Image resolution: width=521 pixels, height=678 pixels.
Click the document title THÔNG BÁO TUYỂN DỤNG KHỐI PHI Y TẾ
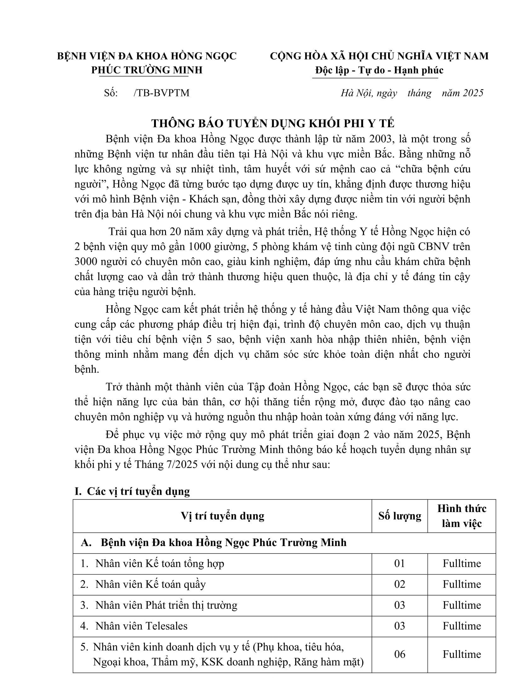coord(272,123)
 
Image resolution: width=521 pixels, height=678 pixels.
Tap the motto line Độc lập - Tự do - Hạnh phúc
coord(379,70)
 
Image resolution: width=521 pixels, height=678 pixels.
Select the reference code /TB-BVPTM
coord(162,93)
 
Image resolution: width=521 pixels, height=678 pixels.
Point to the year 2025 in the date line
coord(473,93)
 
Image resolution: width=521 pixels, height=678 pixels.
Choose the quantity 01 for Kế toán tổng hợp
coord(399,563)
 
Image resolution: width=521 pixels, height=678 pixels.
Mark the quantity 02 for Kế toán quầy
coord(399,584)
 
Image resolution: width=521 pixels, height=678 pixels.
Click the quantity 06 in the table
coord(399,654)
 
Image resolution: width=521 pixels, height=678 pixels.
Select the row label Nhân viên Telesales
coord(141,626)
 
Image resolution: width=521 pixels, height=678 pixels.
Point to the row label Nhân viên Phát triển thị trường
coord(166,605)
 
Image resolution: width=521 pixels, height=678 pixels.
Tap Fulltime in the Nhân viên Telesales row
coord(461,626)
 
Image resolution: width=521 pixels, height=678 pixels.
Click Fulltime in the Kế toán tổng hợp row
coord(461,563)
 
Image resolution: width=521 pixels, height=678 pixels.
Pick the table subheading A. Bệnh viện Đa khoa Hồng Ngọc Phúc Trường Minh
coord(214,543)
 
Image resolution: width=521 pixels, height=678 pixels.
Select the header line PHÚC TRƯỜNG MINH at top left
coord(147,70)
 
